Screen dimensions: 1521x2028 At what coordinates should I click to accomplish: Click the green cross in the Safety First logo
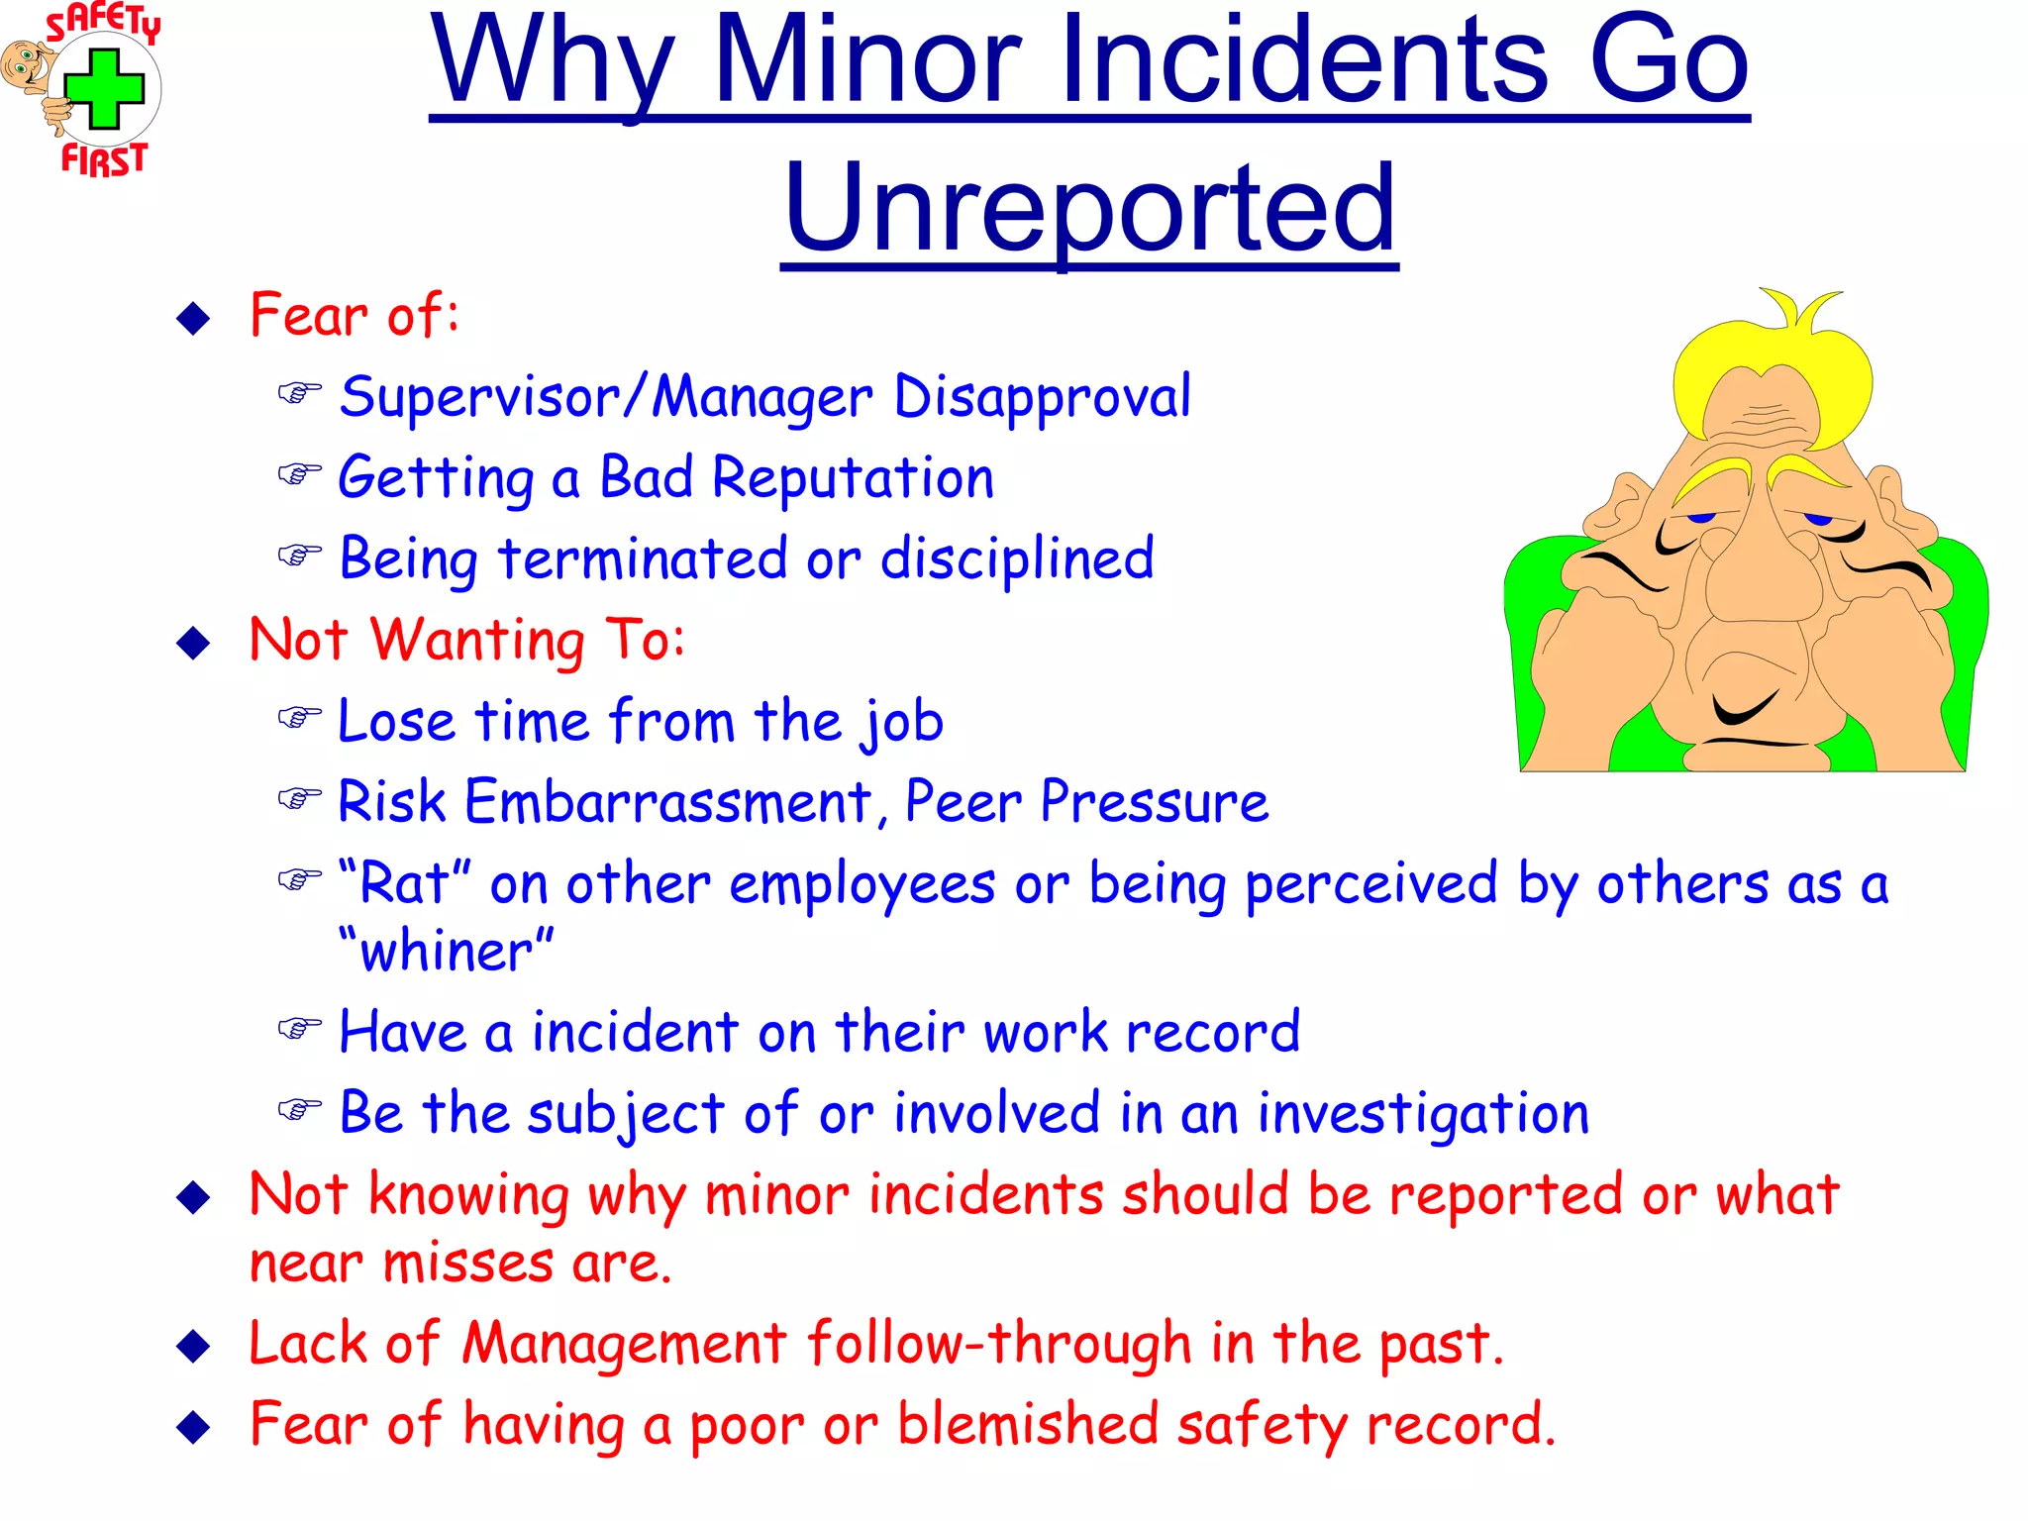coord(104,89)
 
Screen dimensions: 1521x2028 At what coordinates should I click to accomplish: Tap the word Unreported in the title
coord(1089,208)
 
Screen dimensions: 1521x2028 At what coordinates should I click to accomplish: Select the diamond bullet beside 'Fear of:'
coord(193,318)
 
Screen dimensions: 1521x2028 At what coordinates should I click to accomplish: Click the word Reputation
coord(853,478)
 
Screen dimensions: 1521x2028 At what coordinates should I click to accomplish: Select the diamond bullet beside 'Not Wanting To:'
coord(193,643)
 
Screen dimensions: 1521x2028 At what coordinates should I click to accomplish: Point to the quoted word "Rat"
coord(404,882)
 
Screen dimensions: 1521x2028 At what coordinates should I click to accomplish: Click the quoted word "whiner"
coord(446,952)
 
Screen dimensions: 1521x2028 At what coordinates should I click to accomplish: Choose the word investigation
coord(1423,1114)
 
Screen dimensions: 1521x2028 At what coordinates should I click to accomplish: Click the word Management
coord(624,1345)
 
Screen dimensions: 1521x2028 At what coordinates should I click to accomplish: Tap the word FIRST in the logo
coord(104,158)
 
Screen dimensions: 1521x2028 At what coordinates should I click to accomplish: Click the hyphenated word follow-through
coord(998,1345)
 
